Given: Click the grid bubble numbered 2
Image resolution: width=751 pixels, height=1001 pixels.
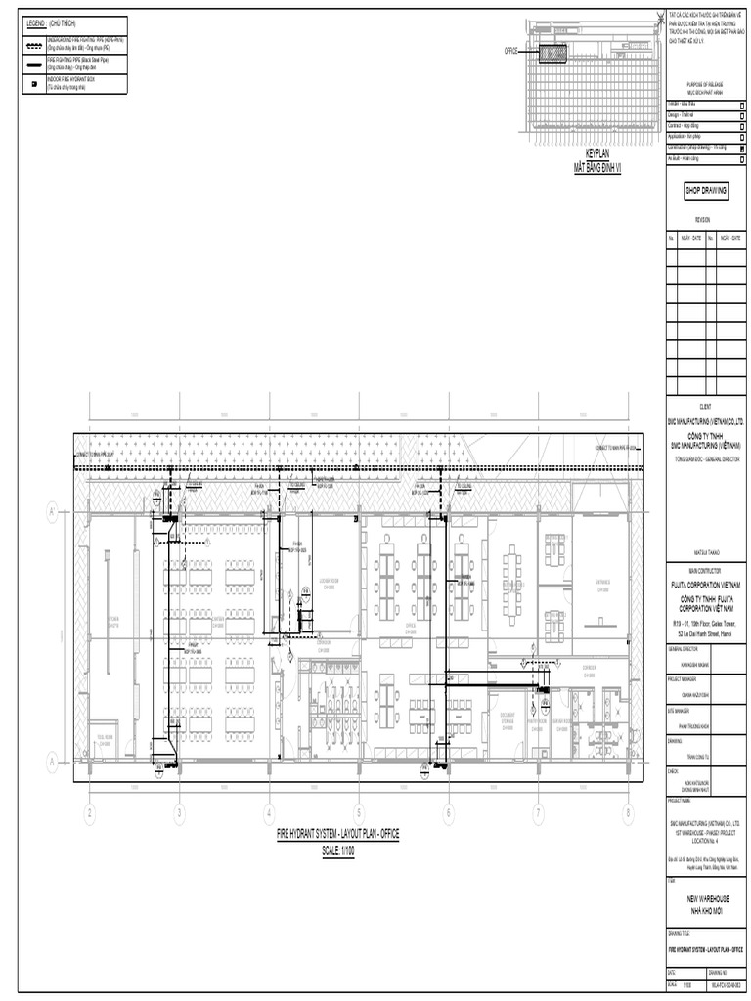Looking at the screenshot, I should click(89, 812).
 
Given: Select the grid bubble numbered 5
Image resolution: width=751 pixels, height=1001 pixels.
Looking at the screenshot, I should click(358, 812).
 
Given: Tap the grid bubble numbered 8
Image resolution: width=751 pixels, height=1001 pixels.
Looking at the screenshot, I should click(628, 812).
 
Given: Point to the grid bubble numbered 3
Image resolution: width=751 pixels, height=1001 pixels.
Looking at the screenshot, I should click(179, 812).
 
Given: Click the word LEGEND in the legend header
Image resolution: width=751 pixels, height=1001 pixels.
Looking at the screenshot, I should click(37, 22).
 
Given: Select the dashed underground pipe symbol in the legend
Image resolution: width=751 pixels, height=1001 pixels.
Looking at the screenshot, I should click(34, 46).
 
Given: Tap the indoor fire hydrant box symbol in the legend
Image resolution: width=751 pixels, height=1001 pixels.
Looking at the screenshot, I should click(34, 85).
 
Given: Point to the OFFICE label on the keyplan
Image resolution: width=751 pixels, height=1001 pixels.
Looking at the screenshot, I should click(510, 50).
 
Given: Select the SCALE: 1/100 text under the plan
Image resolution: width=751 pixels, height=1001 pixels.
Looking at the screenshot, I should click(337, 850).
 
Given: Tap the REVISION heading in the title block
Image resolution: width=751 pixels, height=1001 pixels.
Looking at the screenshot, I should click(703, 220).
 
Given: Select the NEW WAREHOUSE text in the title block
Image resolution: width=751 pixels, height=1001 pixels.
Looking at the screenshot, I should click(703, 898).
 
